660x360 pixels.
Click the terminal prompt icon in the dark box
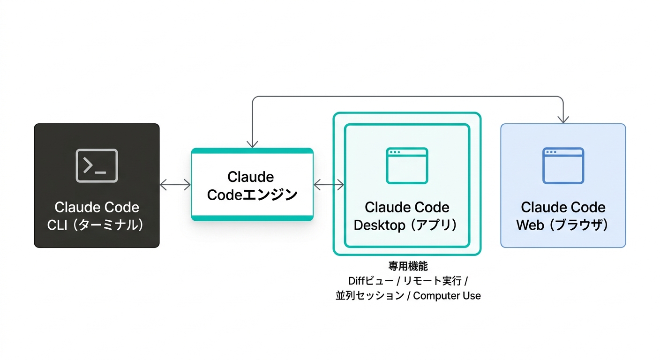[97, 165]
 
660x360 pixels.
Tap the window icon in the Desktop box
[407, 165]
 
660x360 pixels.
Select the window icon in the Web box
[563, 165]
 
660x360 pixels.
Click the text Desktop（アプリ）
[406, 225]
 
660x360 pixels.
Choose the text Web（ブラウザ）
[562, 225]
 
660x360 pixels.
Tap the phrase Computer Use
[447, 296]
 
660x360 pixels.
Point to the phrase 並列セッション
[370, 296]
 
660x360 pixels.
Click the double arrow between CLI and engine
[175, 185]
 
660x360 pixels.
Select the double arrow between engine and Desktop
[329, 185]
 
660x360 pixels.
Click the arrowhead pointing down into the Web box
[563, 120]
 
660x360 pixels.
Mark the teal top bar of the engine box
[252, 150]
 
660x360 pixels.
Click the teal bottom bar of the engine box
[252, 218]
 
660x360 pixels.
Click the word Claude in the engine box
[250, 177]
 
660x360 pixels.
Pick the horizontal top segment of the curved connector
[408, 97]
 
